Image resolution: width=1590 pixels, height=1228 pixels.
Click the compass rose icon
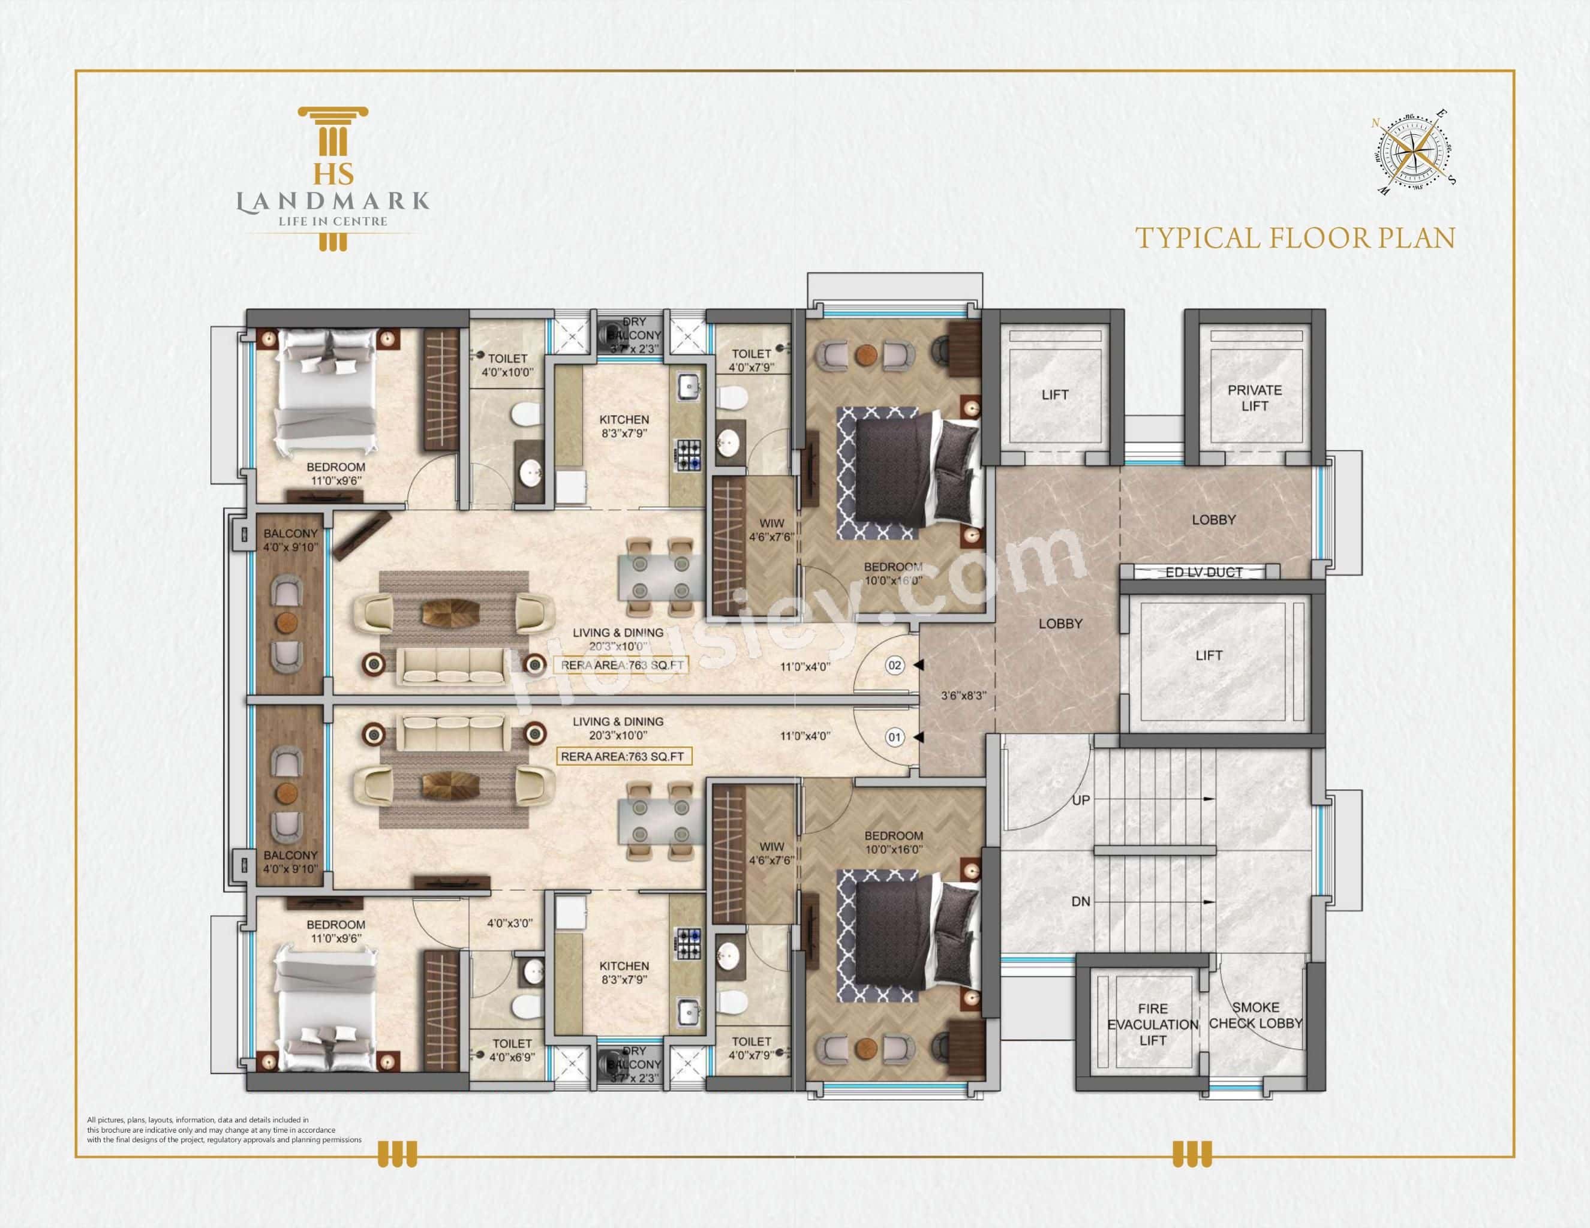pos(1413,153)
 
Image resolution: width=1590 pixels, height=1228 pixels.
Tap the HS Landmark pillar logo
pos(333,178)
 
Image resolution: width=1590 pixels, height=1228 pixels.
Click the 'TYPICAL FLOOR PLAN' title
pos(1294,239)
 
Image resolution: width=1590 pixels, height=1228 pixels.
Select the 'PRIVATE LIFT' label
pos(1254,398)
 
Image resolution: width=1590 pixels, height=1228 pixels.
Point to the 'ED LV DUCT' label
pos(1203,572)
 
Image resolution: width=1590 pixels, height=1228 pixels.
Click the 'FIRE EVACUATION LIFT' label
pos(1152,1024)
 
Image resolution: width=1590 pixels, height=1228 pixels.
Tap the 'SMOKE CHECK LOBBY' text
pos(1255,1015)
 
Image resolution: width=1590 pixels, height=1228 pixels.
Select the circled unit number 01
pos(895,738)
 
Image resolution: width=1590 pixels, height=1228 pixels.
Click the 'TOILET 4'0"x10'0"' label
pos(507,365)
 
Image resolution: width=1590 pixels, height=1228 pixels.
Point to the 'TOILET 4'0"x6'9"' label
pos(512,1050)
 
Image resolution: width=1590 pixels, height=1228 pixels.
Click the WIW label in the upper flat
pos(772,530)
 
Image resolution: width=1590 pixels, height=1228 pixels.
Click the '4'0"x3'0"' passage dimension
pos(510,923)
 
